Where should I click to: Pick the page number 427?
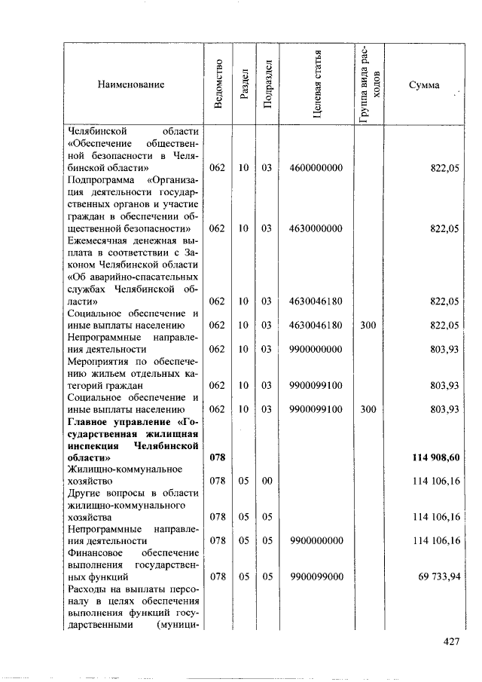coord(450,642)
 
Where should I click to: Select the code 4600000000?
coord(316,167)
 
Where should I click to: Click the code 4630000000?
coord(316,228)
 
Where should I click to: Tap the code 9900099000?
coord(316,576)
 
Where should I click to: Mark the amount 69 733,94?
coord(439,576)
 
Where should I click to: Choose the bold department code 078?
coord(217,457)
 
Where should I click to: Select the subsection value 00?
coord(267,480)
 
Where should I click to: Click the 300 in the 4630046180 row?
coord(368,326)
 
